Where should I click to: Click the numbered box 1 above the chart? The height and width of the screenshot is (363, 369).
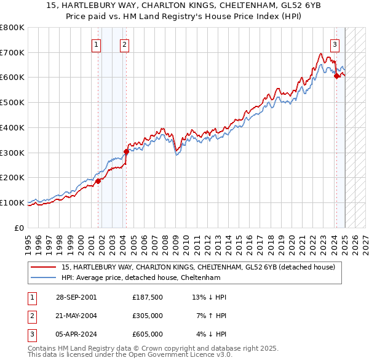[97, 44]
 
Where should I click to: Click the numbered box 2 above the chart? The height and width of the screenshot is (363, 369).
[124, 44]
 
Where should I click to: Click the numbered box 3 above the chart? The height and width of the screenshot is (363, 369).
[335, 44]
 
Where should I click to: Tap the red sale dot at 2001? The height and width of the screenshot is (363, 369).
[98, 181]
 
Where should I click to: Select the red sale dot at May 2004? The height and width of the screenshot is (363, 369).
[126, 151]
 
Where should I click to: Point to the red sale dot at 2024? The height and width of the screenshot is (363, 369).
[336, 76]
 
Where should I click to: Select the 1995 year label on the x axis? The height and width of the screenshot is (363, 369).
[28, 239]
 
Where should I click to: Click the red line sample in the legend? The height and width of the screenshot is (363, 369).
[44, 268]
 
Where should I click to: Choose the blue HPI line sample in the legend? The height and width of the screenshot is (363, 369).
[44, 278]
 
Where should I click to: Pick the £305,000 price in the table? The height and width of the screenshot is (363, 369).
[147, 316]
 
